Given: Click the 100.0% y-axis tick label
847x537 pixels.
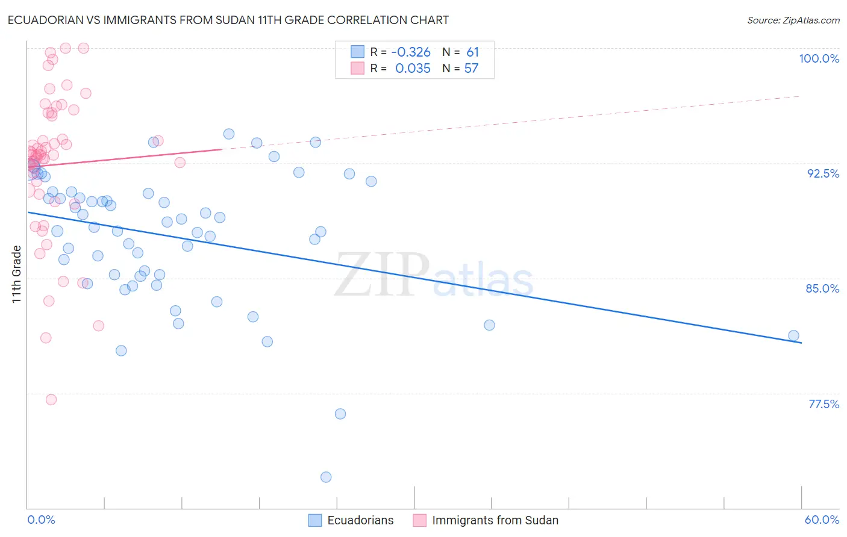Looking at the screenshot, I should [819, 58].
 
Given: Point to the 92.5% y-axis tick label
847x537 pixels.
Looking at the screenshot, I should [823, 173].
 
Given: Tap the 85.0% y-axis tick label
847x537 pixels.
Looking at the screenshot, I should [822, 288].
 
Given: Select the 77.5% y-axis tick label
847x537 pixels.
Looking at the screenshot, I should [824, 404].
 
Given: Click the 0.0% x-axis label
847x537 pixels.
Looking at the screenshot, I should [41, 520].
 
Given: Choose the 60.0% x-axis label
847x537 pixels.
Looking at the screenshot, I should [822, 520].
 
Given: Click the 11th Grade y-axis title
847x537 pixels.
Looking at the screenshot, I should [17, 274].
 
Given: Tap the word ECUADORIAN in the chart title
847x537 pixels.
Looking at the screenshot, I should [46, 20].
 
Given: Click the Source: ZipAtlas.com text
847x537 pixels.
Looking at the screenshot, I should [793, 20].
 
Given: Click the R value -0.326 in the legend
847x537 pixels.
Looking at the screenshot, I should [412, 52].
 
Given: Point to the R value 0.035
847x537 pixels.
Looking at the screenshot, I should [413, 69].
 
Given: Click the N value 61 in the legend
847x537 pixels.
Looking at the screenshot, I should [472, 52].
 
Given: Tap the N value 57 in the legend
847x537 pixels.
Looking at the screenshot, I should [471, 69].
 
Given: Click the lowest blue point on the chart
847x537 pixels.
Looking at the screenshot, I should [326, 477].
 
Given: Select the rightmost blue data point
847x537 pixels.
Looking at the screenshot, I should [793, 335].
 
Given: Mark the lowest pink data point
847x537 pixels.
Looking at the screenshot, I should [51, 400].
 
